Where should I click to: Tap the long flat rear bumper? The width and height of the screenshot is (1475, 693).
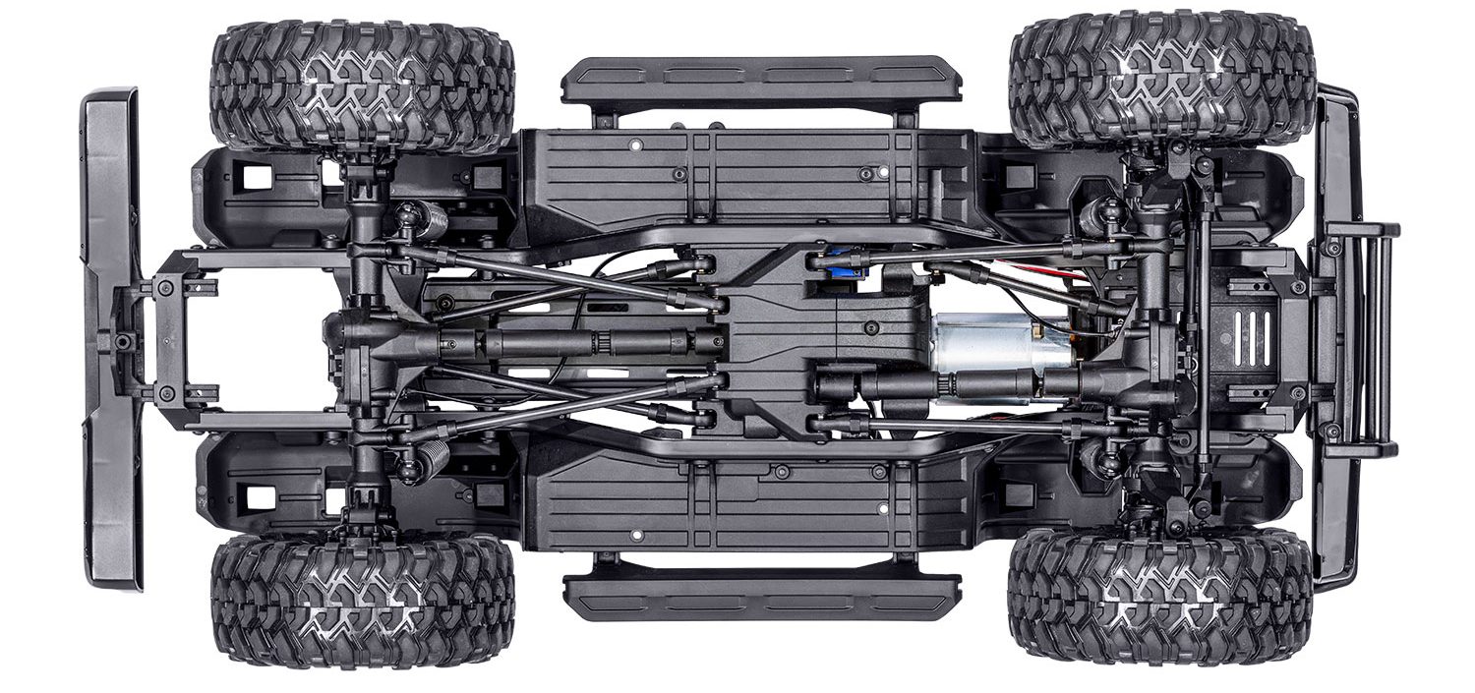111,339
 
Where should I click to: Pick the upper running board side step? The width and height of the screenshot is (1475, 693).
761,80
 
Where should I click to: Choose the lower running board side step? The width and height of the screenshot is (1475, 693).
761,595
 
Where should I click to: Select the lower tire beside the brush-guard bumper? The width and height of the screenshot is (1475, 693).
1160,594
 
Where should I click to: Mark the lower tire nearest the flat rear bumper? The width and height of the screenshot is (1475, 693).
362,600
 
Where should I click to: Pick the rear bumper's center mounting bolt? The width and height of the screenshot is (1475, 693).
123,340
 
